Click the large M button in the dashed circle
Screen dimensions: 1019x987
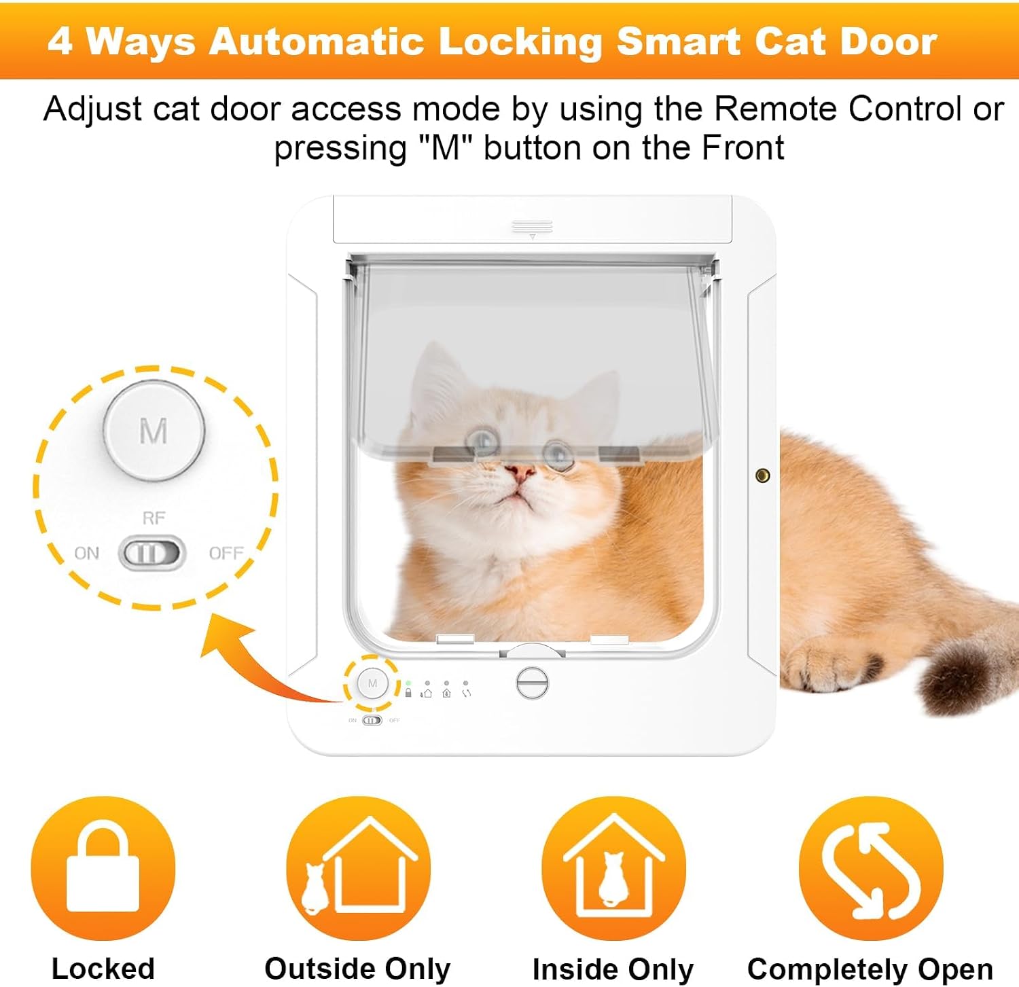click(x=154, y=430)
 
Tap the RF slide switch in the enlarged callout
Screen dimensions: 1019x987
click(x=152, y=553)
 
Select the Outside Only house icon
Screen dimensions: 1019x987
click(x=359, y=868)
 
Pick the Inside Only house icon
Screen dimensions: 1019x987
click(x=614, y=868)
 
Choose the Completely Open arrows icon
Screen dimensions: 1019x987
click(x=871, y=868)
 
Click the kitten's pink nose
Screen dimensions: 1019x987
click(x=521, y=472)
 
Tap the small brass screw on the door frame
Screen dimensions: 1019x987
click(x=762, y=475)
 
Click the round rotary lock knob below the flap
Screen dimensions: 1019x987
click(x=532, y=683)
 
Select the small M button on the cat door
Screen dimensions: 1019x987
click(x=372, y=683)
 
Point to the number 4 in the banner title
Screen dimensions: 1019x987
click(x=60, y=41)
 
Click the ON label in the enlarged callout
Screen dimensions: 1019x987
click(x=86, y=554)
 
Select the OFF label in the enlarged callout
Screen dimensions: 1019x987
click(x=226, y=554)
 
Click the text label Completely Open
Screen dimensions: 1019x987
click(x=870, y=969)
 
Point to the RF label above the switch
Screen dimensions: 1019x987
click(x=154, y=518)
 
